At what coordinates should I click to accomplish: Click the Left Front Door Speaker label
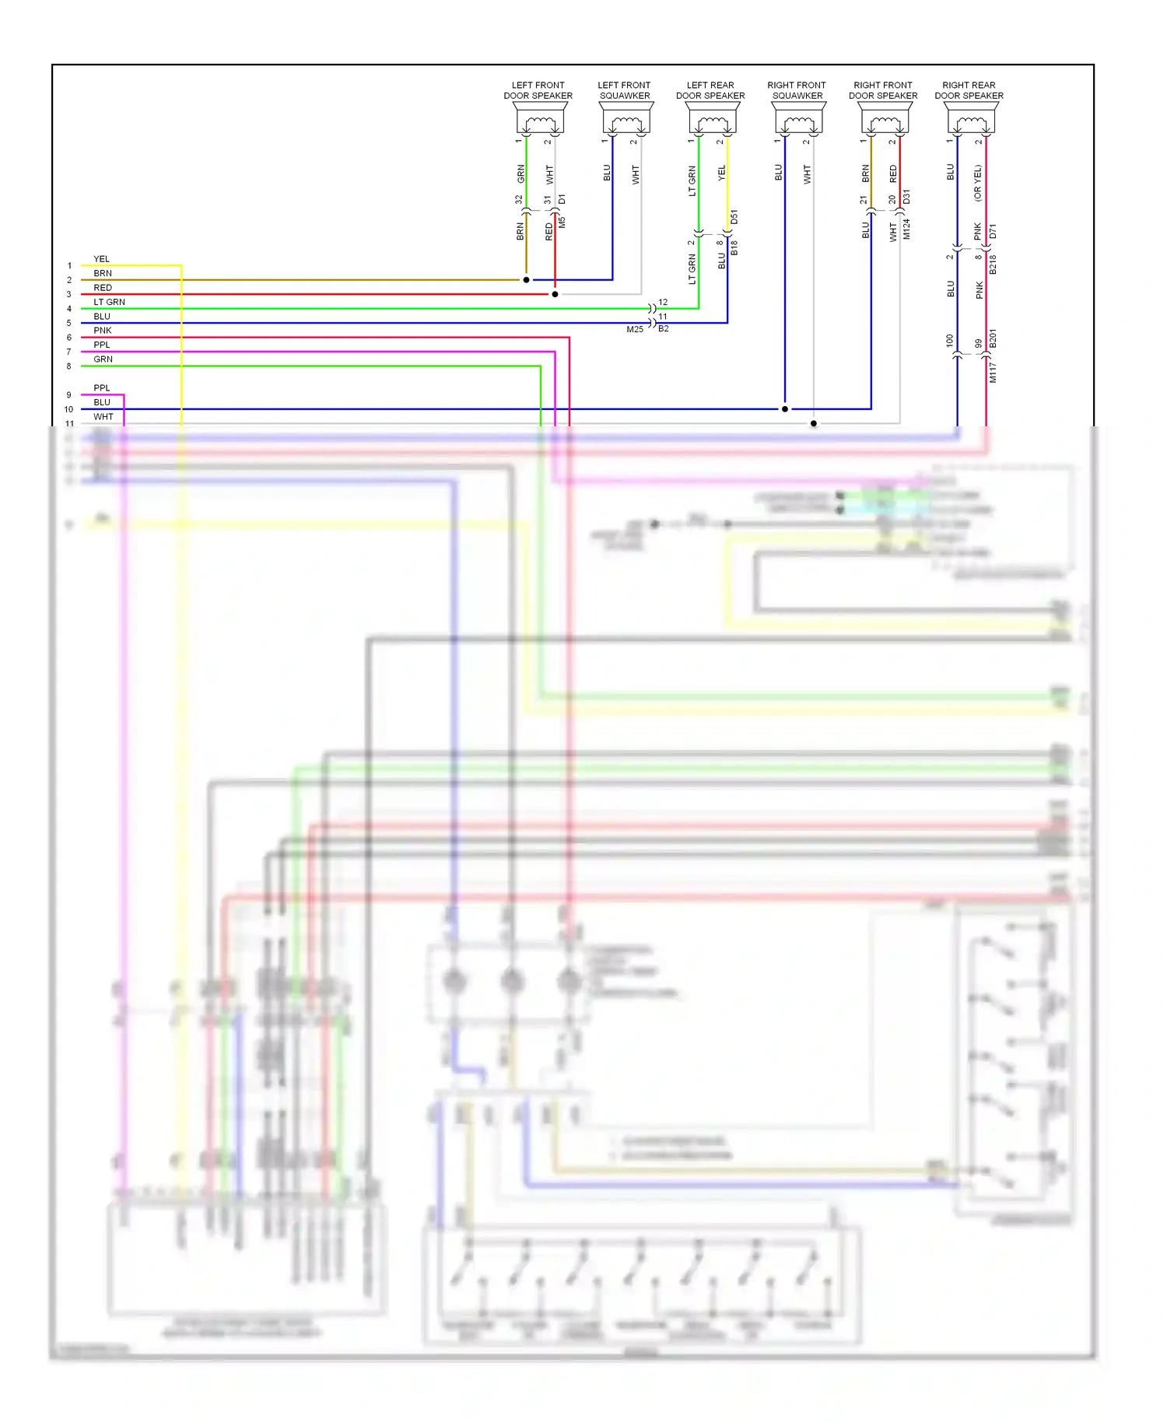click(538, 90)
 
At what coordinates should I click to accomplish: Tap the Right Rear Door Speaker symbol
click(971, 120)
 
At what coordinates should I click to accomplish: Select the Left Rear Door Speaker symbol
click(713, 120)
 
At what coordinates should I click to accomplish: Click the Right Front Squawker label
click(797, 90)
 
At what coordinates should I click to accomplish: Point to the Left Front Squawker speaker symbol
click(626, 120)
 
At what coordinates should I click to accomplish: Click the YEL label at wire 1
click(101, 259)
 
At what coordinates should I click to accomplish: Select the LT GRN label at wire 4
click(109, 302)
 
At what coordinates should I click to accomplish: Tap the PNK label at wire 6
click(102, 331)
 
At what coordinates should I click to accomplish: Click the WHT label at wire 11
click(103, 417)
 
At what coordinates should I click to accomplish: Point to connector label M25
click(635, 330)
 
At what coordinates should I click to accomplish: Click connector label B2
click(664, 328)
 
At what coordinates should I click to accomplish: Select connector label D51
click(734, 217)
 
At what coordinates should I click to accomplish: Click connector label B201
click(993, 338)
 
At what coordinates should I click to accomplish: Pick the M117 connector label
click(993, 373)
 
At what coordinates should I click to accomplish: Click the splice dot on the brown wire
click(527, 280)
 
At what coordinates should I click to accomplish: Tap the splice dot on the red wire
click(555, 294)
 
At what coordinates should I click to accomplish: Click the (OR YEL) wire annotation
click(978, 183)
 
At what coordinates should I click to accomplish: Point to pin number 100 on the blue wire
click(949, 340)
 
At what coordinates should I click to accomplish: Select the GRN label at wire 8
click(103, 359)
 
